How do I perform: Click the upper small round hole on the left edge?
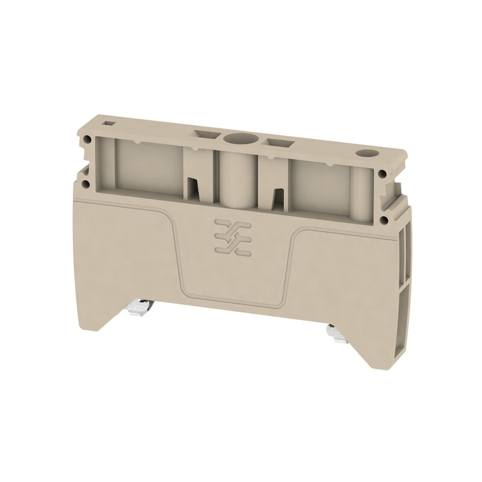point(89,140)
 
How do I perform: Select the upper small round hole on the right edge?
point(383,175)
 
